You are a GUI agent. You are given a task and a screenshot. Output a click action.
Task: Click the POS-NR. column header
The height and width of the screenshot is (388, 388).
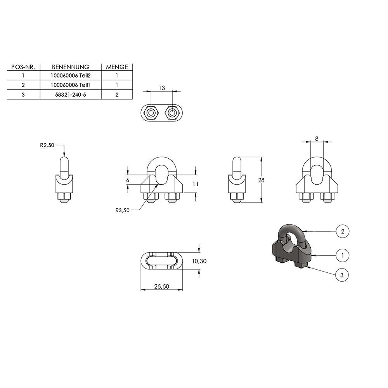(x=23, y=67)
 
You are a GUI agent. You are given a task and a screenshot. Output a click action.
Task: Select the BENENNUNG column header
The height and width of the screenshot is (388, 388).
(x=71, y=67)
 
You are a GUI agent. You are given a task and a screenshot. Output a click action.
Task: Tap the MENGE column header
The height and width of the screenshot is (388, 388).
(x=117, y=67)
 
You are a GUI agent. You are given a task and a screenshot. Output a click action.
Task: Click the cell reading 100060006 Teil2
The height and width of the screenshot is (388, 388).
(x=71, y=76)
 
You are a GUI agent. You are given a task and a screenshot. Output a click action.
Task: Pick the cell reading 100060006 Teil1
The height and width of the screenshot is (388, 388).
(x=71, y=85)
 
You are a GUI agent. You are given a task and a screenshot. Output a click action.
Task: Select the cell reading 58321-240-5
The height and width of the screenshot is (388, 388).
(x=71, y=95)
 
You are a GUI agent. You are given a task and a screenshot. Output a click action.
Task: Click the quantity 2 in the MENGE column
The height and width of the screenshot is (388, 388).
(x=117, y=95)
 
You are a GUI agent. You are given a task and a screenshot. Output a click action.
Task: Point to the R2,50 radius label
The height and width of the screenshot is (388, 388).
(x=47, y=145)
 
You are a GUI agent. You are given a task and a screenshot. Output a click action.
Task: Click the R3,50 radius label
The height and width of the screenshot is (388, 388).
(x=123, y=210)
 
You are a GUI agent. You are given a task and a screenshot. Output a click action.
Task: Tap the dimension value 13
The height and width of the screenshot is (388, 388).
(x=161, y=88)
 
